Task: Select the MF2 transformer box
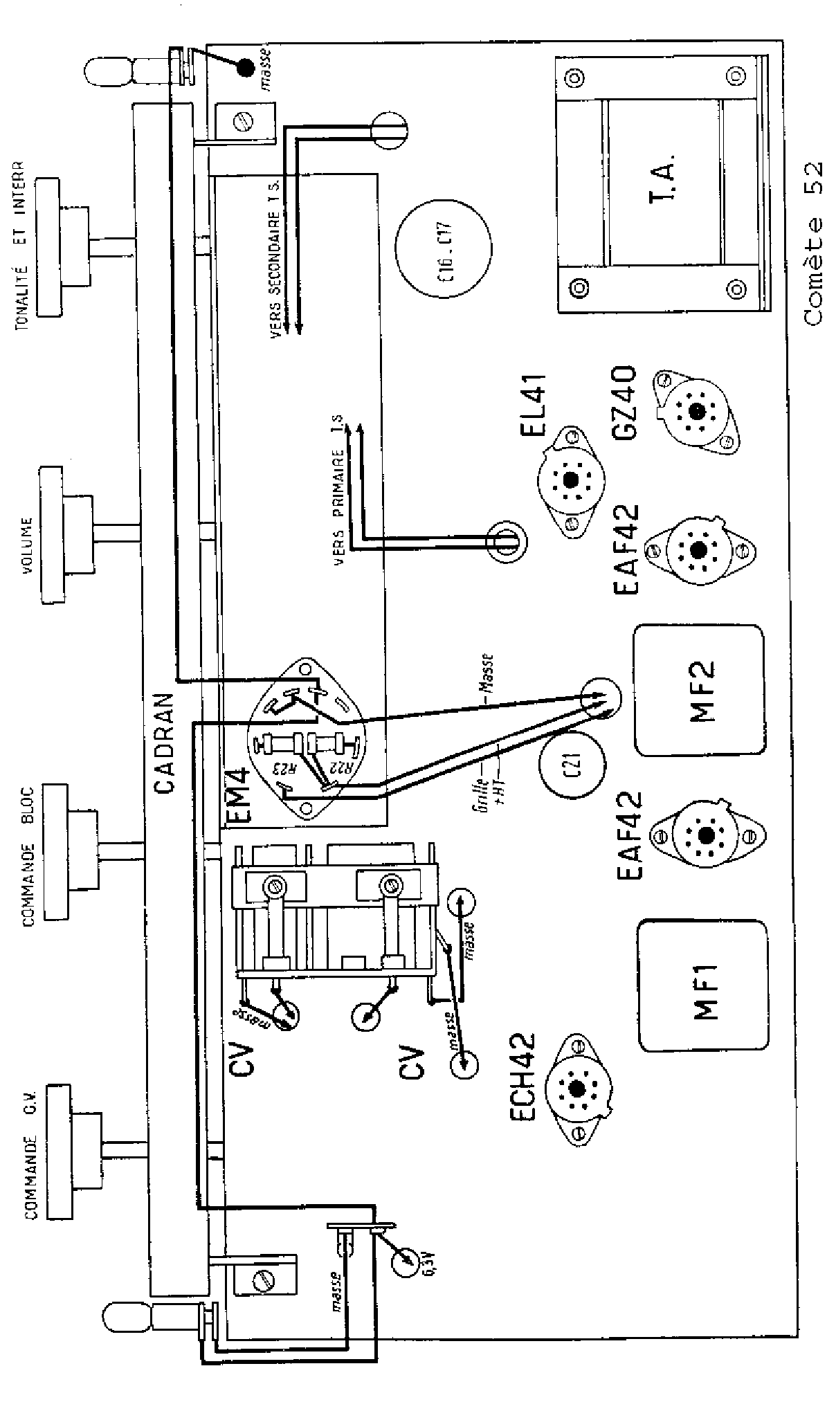coord(700,690)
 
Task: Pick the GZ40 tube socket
coord(697,411)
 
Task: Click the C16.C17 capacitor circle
coord(443,250)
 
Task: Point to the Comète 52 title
coord(814,243)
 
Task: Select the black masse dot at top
coord(245,68)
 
